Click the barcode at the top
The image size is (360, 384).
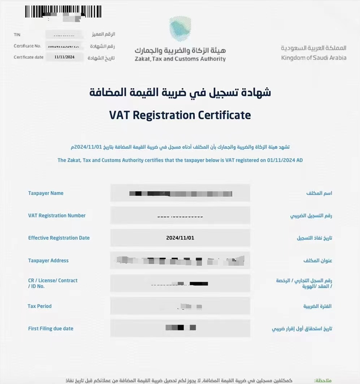63,12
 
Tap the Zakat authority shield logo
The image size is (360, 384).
180,28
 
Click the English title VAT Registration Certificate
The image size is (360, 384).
180,116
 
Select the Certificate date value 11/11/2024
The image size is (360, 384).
64,57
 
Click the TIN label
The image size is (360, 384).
17,35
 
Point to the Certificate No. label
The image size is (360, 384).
27,46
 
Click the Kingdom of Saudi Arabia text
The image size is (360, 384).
314,58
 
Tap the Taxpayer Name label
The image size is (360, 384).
46,193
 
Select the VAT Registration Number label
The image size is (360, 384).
57,216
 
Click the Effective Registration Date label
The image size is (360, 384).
59,238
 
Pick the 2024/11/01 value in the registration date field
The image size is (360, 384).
180,238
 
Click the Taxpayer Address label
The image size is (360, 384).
48,260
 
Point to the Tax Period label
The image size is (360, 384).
39,306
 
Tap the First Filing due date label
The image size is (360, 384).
50,329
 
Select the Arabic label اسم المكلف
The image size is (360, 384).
319,193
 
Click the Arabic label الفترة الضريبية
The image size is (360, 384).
317,306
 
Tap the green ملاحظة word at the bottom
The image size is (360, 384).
323,380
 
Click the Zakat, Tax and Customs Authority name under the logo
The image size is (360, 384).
180,59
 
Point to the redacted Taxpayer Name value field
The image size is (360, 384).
180,193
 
